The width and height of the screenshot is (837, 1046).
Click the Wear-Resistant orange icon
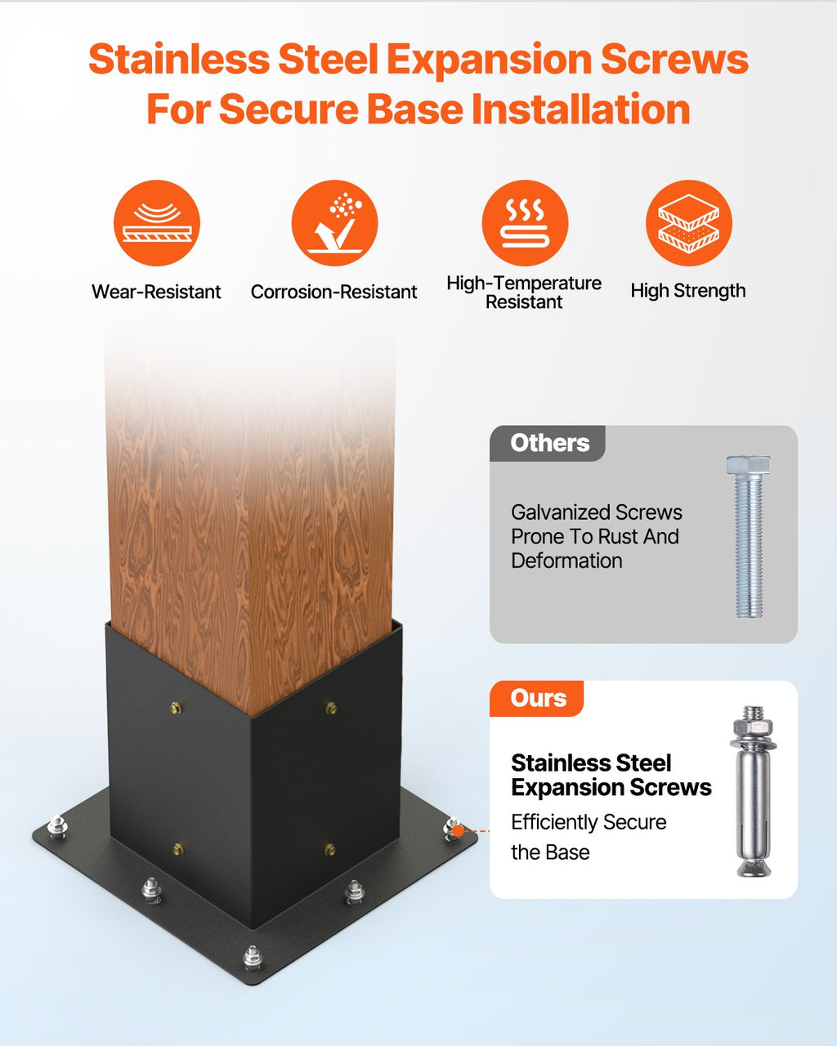pyautogui.click(x=157, y=223)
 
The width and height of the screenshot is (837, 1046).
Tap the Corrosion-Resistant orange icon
pyautogui.click(x=334, y=223)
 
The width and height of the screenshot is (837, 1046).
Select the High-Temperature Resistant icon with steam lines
pyautogui.click(x=525, y=223)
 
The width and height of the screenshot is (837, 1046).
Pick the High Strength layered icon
pyautogui.click(x=689, y=223)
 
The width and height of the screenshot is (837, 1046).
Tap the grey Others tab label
pyautogui.click(x=549, y=443)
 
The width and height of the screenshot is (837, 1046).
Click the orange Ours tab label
pyautogui.click(x=539, y=698)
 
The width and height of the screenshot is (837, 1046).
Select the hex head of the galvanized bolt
pyautogui.click(x=749, y=465)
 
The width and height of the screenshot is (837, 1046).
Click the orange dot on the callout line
pyautogui.click(x=457, y=831)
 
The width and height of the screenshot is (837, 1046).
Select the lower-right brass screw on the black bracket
pyautogui.click(x=330, y=849)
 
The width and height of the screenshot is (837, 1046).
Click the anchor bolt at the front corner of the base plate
pyautogui.click(x=253, y=957)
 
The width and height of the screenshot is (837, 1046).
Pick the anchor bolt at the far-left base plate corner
pyautogui.click(x=57, y=826)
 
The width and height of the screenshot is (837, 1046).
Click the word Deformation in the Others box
pyautogui.click(x=566, y=561)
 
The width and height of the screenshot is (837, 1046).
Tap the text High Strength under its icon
pyautogui.click(x=688, y=291)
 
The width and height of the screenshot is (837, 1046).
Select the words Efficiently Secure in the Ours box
pyautogui.click(x=589, y=822)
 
